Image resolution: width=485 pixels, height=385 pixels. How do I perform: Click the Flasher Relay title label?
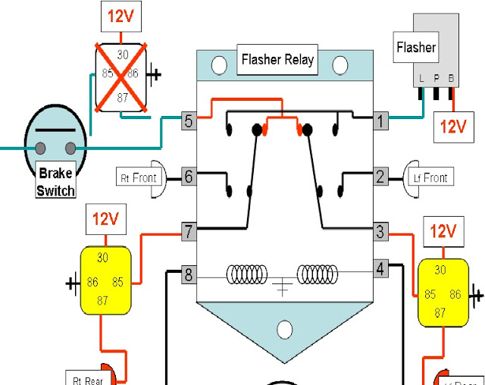tap(277, 59)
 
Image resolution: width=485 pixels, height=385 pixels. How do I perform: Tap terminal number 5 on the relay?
tap(189, 120)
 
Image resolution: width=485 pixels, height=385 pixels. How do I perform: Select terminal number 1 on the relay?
tap(380, 119)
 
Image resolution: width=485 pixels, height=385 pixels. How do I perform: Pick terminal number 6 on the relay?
tap(189, 177)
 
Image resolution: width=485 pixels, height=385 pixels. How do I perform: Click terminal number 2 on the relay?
tap(380, 177)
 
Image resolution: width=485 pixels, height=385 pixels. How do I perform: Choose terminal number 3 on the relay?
tap(380, 230)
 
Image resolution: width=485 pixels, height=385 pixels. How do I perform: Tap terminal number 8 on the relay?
tap(189, 274)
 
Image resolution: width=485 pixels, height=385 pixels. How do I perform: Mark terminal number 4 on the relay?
tap(380, 268)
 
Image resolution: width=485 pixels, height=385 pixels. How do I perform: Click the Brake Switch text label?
tap(56, 182)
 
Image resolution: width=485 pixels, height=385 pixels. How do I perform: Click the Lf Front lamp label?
tap(430, 177)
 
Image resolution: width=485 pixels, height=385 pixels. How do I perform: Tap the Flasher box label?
tap(416, 47)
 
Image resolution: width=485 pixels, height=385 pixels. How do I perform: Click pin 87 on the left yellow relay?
tap(102, 300)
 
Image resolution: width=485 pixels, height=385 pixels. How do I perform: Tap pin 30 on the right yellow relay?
tap(440, 270)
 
